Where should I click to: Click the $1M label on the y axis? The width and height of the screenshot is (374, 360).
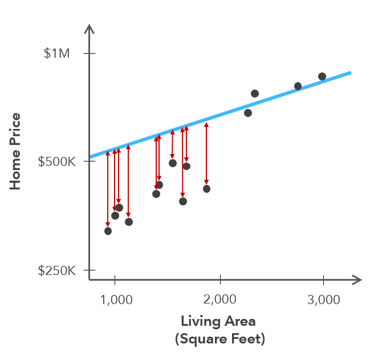point(56,54)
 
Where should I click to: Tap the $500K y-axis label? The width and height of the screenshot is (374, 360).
point(56,161)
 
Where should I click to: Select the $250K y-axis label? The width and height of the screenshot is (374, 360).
point(56,270)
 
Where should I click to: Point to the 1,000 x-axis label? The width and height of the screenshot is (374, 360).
point(115,300)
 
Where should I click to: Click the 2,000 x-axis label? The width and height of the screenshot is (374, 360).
point(219,300)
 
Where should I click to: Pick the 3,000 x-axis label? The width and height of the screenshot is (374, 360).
point(323,300)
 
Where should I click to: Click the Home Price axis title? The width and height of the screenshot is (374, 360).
point(15,151)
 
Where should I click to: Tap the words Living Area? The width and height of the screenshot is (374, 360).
point(218,321)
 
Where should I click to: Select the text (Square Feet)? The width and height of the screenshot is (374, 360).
point(219,339)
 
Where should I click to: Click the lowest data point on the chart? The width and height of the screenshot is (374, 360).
point(108,231)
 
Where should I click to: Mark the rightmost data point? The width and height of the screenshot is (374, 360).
point(322,76)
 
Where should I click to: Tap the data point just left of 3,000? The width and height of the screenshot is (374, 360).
point(298,86)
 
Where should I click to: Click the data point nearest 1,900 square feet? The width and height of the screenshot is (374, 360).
point(206,189)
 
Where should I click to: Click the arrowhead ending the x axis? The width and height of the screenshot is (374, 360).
point(358,280)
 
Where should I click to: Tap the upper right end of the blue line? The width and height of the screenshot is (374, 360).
point(349,73)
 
